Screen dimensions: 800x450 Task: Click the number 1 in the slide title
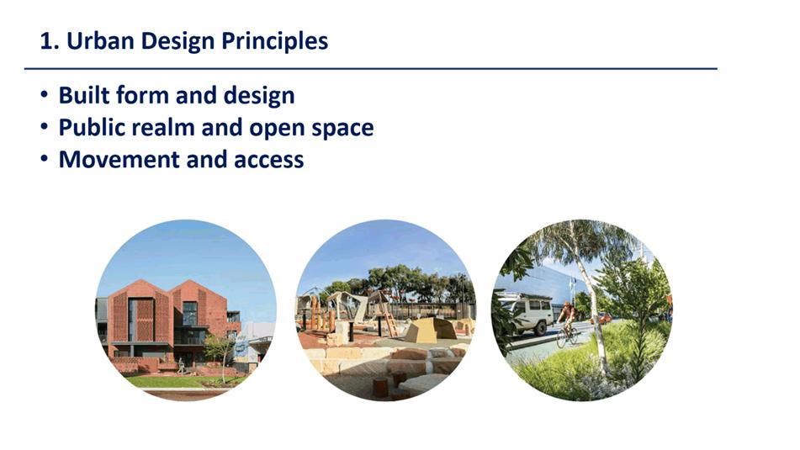click(46, 41)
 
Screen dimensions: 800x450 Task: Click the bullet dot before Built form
click(45, 95)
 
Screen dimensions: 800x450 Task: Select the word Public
click(92, 128)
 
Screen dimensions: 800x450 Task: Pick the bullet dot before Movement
click(45, 159)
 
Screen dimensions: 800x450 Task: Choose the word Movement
click(119, 159)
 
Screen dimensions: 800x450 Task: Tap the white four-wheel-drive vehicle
click(526, 313)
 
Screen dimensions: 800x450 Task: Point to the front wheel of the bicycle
click(562, 338)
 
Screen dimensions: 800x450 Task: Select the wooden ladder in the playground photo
click(389, 316)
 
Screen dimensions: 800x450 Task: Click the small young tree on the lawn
click(220, 356)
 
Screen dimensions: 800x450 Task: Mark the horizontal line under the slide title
click(371, 68)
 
